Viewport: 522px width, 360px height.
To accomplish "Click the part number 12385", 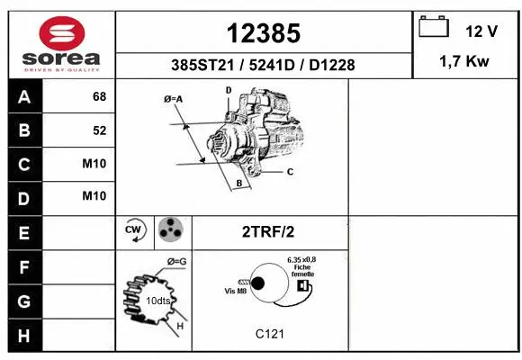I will coord(264,33).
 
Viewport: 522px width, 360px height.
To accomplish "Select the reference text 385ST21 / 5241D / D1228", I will coord(264,66).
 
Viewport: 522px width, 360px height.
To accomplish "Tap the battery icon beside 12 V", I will coord(434,27).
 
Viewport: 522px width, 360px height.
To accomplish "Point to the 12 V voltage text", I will coord(481,31).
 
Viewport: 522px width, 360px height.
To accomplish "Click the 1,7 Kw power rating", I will coord(464,64).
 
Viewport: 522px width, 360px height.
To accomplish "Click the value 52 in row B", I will coord(100,130).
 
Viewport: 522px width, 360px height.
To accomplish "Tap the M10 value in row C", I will coord(95,164).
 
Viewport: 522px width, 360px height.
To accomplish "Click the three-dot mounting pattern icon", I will coord(170,230).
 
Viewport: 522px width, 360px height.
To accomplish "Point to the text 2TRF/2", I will coord(267,231).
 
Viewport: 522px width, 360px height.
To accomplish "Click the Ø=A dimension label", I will coord(173,99).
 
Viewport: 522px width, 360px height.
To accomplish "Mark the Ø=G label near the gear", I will coord(176,261).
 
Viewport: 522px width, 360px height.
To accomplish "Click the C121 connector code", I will coord(270,334).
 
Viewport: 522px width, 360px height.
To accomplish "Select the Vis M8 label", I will coord(236,291).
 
